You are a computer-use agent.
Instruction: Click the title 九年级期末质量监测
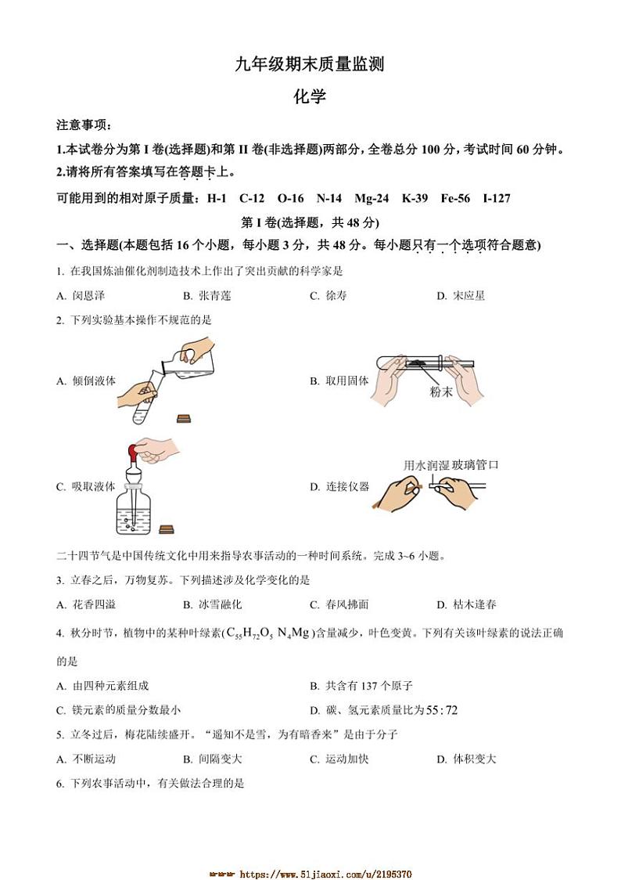[x=310, y=65]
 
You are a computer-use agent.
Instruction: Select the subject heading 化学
[x=310, y=96]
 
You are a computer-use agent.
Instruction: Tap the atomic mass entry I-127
[x=497, y=198]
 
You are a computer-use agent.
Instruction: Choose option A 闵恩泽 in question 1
[x=81, y=295]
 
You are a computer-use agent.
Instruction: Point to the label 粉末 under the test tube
[x=441, y=391]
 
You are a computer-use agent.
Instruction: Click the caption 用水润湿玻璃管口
[x=450, y=465]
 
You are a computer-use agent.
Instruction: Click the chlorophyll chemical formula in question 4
[x=270, y=633]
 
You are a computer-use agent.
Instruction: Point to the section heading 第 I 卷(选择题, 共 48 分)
[x=310, y=222]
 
